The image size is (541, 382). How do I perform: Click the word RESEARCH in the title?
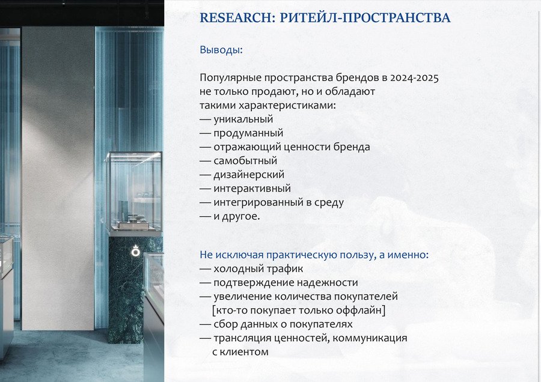click(237, 17)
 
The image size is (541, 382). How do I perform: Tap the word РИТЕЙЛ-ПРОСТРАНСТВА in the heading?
click(365, 17)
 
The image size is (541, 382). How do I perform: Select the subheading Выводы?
click(221, 50)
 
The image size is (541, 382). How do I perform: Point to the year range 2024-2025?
click(414, 78)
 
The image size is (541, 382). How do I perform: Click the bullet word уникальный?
click(243, 120)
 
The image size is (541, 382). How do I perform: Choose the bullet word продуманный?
click(248, 133)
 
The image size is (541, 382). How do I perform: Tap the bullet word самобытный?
click(245, 160)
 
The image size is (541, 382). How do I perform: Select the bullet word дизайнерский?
click(249, 175)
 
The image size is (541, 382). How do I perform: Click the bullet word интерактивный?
click(252, 189)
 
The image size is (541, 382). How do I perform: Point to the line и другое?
click(237, 216)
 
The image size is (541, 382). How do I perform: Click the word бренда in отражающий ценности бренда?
click(352, 147)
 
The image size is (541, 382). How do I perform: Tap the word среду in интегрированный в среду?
click(329, 203)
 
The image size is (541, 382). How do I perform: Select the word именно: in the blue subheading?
click(408, 255)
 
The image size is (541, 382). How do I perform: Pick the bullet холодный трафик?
click(258, 269)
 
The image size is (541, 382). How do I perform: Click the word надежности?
click(328, 283)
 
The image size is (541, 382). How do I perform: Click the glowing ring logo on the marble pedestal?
click(136, 251)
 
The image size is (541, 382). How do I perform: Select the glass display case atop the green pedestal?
click(134, 193)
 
